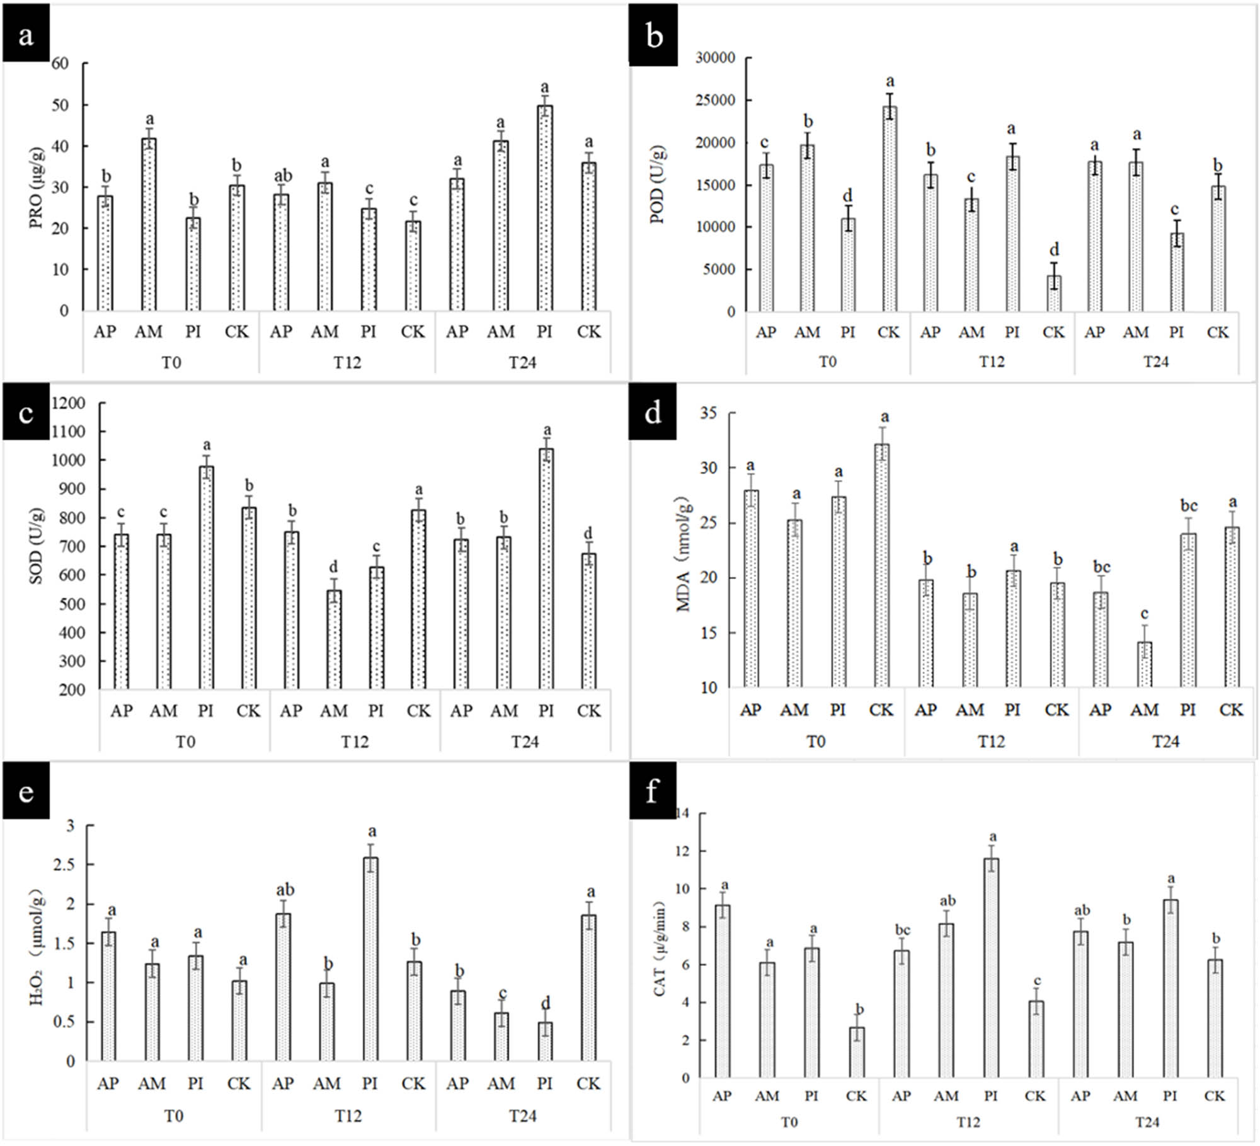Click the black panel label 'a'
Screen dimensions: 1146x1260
[x=26, y=35]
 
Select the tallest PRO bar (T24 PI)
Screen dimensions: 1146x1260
[x=545, y=208]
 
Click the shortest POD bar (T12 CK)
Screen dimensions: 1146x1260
[x=1053, y=294]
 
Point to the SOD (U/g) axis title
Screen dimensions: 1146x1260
[x=36, y=546]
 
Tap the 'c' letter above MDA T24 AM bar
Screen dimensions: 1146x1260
[x=1144, y=614]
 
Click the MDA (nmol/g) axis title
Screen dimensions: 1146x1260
[x=683, y=554]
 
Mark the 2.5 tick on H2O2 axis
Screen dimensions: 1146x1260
[x=63, y=865]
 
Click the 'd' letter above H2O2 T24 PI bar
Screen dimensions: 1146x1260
[x=546, y=1002]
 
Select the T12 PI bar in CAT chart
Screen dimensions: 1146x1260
[x=991, y=968]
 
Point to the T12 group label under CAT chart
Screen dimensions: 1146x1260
[x=968, y=1122]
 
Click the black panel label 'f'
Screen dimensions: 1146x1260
[x=652, y=791]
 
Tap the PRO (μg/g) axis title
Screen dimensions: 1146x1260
[x=36, y=187]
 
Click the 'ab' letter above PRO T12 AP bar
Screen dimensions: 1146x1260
[x=283, y=175]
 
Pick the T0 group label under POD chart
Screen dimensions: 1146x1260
[x=827, y=362]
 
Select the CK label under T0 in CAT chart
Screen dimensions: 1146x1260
[x=856, y=1096]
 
